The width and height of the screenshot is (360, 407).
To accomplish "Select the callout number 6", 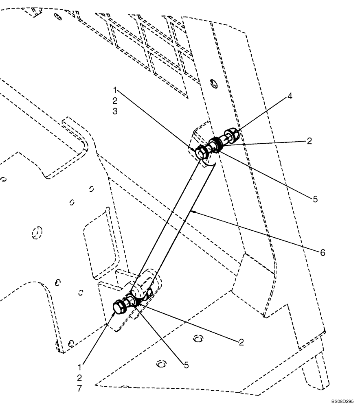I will tap(322, 253).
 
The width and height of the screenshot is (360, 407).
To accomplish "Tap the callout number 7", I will tap(79, 389).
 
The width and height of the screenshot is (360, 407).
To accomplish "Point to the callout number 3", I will tap(115, 112).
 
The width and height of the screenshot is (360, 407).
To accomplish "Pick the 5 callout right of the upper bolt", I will tap(316, 199).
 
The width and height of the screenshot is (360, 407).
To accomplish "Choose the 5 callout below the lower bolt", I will tap(186, 365).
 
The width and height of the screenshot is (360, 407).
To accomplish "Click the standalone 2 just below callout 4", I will tap(309, 141).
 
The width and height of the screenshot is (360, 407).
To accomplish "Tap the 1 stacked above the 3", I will tap(115, 89).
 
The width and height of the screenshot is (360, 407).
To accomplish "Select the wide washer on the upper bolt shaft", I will tap(215, 144).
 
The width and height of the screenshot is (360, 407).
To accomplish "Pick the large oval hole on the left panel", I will tap(37, 232).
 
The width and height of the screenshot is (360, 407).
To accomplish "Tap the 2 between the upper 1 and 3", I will tap(115, 100).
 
